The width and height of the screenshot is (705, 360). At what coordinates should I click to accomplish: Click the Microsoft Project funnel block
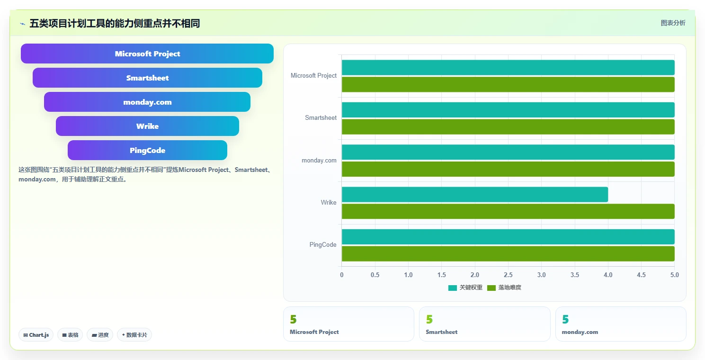tap(147, 54)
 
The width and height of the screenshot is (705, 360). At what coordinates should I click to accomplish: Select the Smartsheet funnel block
tap(147, 78)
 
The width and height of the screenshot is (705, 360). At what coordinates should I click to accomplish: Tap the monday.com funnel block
tap(147, 102)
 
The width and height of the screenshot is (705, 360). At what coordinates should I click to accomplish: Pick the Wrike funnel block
tap(147, 126)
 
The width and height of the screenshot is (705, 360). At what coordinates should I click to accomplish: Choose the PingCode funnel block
tap(147, 150)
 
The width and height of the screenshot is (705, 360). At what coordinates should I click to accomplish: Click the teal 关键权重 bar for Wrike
tap(475, 194)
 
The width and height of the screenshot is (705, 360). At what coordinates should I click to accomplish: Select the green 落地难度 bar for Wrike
tap(508, 211)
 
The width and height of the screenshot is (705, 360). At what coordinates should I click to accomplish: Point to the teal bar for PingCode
tap(508, 237)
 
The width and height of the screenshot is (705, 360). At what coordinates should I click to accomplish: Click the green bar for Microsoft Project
tap(508, 84)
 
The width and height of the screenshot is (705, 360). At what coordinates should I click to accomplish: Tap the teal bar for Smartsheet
tap(508, 110)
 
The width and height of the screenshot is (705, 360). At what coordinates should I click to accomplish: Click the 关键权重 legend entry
tap(465, 288)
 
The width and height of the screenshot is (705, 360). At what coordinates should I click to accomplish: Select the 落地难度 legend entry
tap(504, 288)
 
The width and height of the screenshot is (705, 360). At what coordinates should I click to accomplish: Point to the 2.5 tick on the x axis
tap(508, 275)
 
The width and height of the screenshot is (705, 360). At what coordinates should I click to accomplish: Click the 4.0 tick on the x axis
tap(608, 275)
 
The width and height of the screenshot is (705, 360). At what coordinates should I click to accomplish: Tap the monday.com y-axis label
tap(319, 160)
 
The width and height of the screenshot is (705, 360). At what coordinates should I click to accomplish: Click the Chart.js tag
tap(36, 335)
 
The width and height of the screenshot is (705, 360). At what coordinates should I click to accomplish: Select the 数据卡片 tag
tap(134, 335)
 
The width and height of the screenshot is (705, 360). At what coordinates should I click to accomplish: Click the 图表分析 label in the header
tap(673, 23)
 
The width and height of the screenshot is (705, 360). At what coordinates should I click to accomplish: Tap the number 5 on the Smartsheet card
tap(429, 319)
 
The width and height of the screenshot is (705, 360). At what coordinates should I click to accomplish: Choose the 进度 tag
tap(100, 335)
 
